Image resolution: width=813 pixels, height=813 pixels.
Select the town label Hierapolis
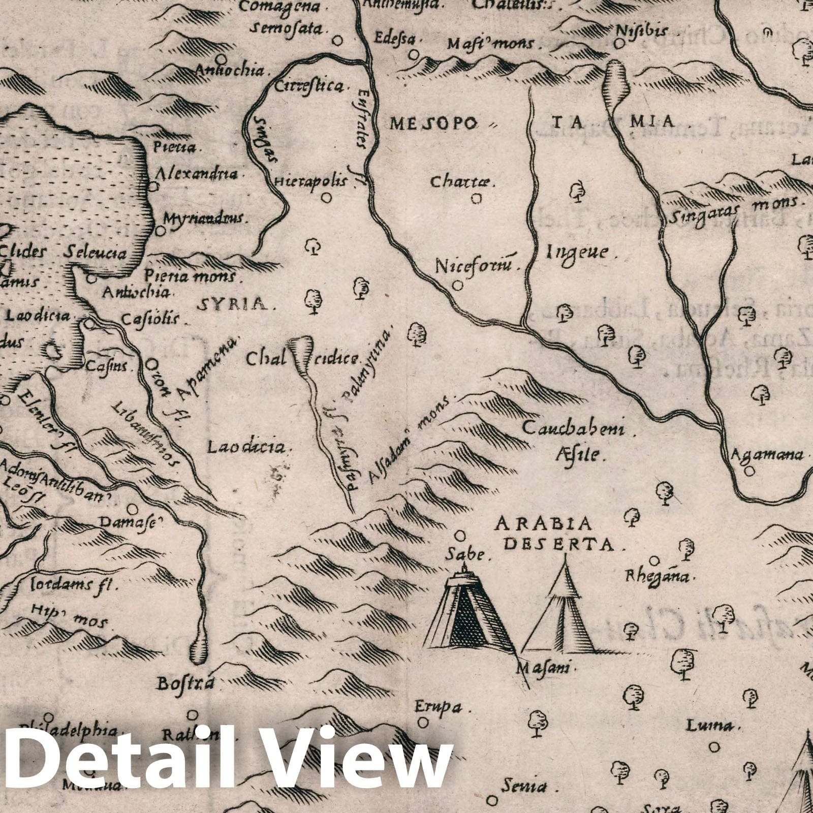coord(310,181)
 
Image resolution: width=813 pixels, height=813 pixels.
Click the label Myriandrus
coord(204,218)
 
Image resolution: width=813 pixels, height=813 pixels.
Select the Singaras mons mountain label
coord(732,210)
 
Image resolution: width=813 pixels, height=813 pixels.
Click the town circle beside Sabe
coord(460,536)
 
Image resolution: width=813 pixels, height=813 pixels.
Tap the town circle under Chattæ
coord(476,199)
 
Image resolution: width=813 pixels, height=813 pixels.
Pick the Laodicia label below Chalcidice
coord(246,447)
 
